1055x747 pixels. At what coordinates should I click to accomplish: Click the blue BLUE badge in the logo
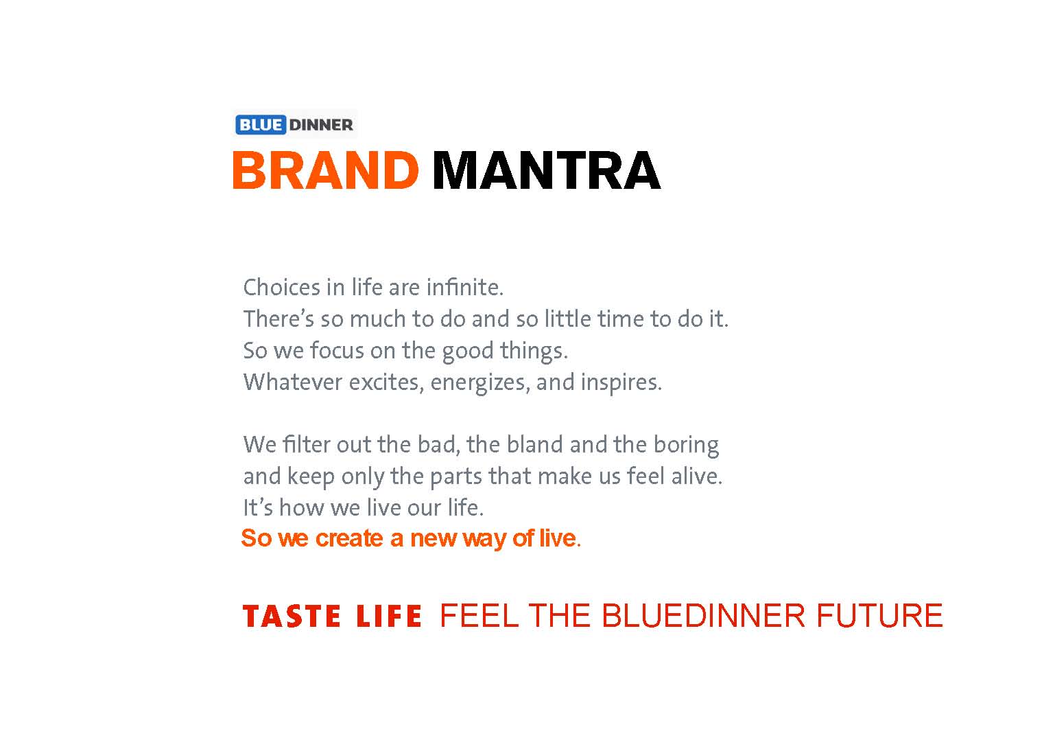coord(261,125)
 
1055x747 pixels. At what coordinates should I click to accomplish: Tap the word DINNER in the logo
coord(321,125)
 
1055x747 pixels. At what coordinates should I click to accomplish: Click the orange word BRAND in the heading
coord(325,170)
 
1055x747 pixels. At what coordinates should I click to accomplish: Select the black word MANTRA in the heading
coord(546,170)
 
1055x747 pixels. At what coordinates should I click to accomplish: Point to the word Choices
coord(282,287)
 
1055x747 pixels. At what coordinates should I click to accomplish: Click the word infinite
coord(465,287)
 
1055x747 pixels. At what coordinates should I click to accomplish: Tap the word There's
coord(278,319)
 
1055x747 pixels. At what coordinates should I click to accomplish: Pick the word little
coord(568,319)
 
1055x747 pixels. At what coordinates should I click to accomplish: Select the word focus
coord(337,351)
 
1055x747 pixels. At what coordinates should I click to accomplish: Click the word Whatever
coord(292,382)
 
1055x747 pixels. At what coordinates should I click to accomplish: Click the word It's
coord(258,507)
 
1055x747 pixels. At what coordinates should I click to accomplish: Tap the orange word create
coord(349,538)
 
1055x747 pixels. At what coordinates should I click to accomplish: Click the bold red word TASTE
coord(292,616)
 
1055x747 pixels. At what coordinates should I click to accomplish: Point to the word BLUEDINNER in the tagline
coord(704,615)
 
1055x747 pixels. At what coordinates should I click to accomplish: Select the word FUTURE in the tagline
coord(880,615)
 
